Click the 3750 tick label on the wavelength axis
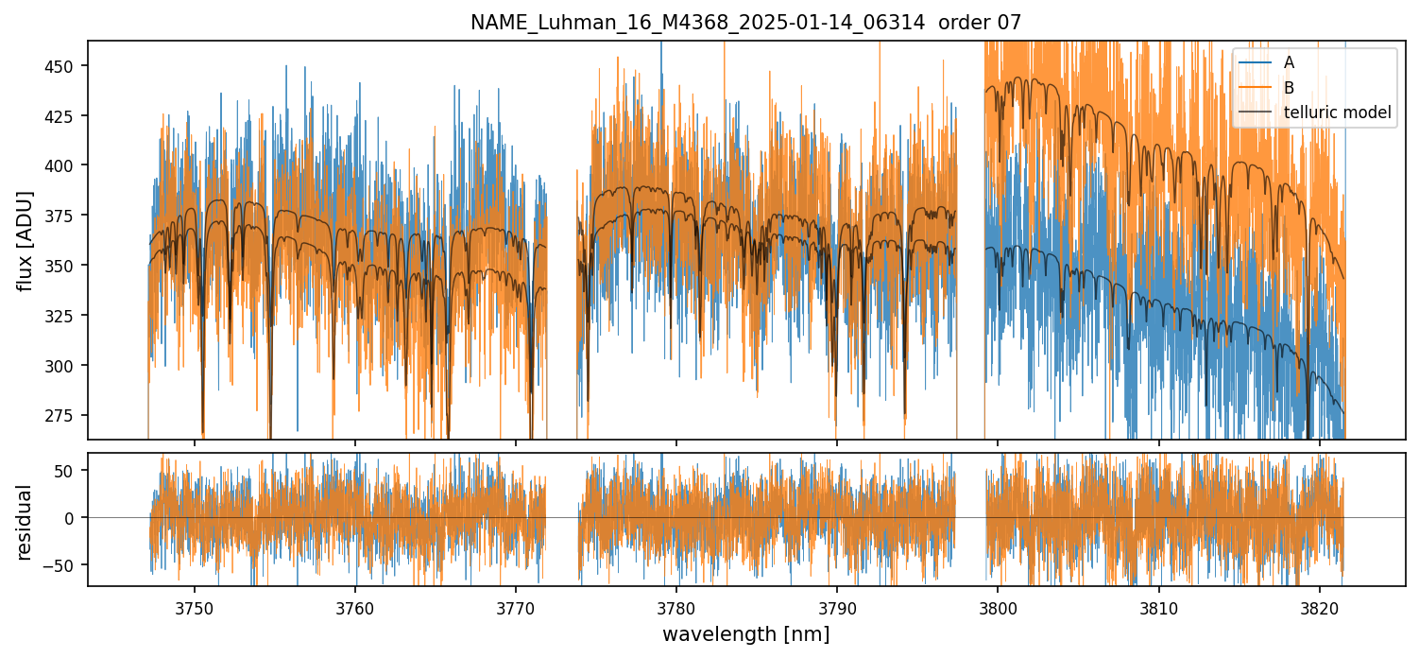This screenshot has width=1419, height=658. [x=195, y=605]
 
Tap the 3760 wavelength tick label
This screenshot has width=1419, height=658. [x=355, y=605]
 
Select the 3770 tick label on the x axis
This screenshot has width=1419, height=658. [x=516, y=605]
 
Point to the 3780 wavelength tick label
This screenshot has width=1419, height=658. [x=676, y=605]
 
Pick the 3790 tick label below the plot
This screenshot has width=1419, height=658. [x=837, y=605]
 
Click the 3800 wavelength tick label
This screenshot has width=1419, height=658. [x=998, y=605]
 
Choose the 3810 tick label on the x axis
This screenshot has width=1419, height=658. [x=1158, y=605]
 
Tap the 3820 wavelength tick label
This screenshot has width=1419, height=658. [x=1319, y=605]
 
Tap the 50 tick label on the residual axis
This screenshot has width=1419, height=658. [x=69, y=471]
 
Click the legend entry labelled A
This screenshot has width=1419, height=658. [x=1289, y=62]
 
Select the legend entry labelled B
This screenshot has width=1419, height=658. [x=1289, y=88]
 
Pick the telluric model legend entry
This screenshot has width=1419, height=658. [x=1338, y=113]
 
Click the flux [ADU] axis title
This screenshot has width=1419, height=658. [x=26, y=240]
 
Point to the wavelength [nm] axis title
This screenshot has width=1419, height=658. [x=745, y=633]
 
